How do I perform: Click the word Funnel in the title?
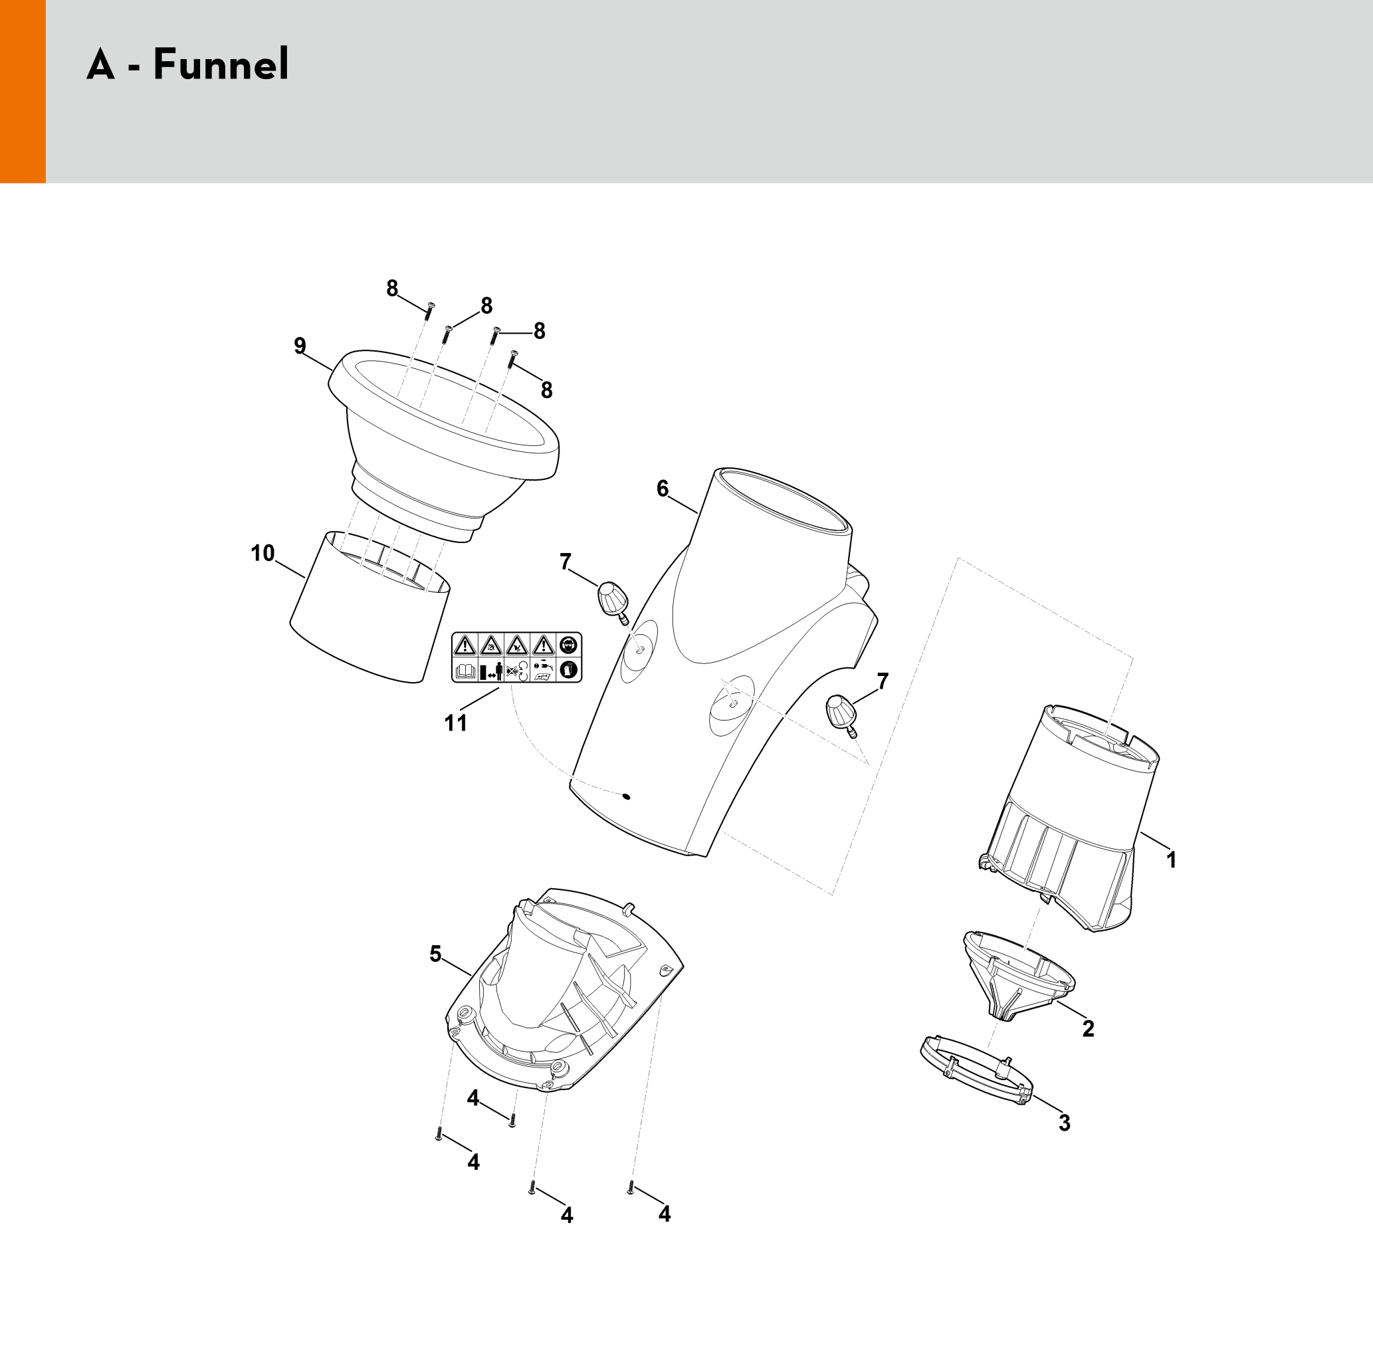point(221,64)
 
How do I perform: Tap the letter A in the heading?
point(100,64)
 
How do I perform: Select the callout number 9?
point(300,346)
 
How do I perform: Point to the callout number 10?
point(263,553)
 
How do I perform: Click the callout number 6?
point(663,489)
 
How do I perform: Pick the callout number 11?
point(455,723)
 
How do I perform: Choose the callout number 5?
point(436,954)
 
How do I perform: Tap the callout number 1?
point(1171,860)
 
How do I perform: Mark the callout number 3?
point(1064,1123)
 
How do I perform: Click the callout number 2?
point(1088,1028)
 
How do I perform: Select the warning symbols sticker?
point(516,657)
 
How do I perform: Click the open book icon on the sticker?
point(465,670)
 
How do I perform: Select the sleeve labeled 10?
point(370,607)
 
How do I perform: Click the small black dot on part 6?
point(625,796)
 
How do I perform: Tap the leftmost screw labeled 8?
point(429,310)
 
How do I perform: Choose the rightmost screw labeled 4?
point(631,1187)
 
